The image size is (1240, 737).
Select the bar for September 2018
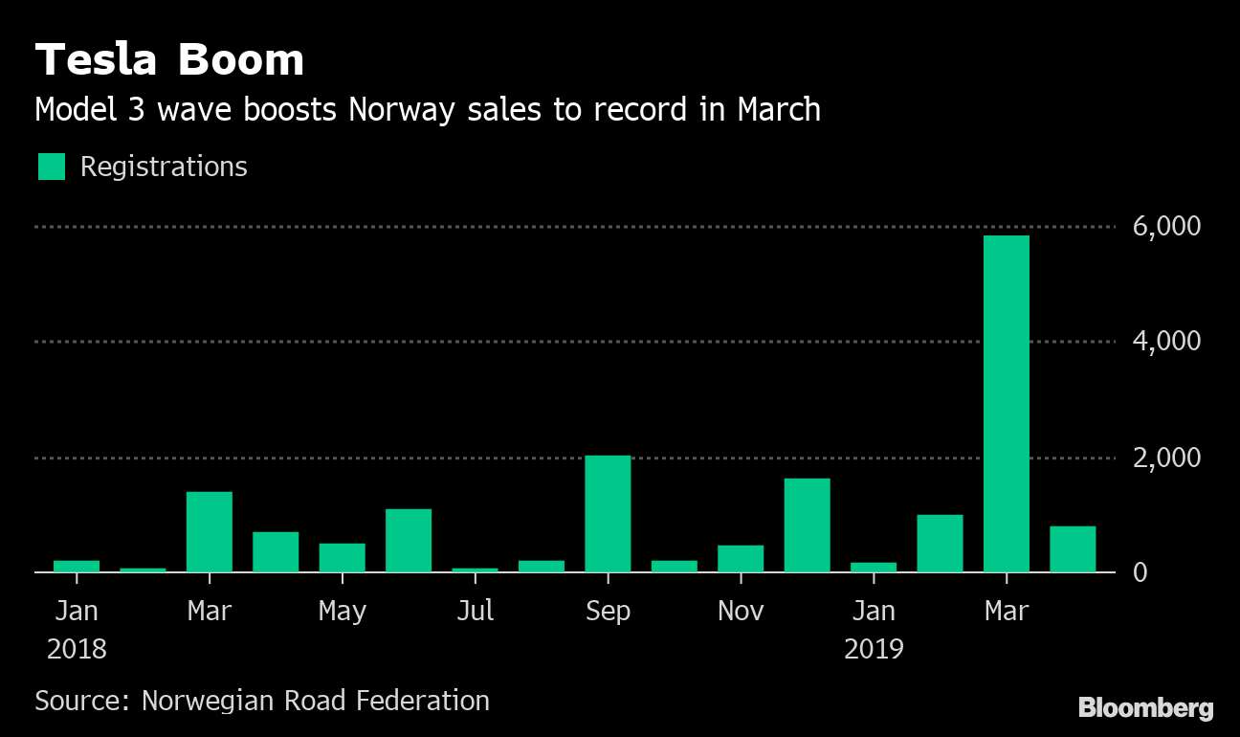[608, 514]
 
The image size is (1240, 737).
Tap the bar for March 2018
[209, 532]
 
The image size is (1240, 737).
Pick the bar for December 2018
[807, 525]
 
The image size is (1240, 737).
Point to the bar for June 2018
[409, 541]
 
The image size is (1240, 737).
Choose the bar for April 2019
[1073, 549]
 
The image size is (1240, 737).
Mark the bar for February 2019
[940, 544]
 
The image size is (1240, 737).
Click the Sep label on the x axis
[608, 611]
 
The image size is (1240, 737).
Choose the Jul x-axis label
[476, 611]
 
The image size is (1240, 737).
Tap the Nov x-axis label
[741, 611]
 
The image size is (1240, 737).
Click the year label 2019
[874, 649]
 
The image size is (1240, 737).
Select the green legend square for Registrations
[52, 167]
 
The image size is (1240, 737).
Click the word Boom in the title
[240, 61]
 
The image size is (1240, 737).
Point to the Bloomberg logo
[1146, 708]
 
